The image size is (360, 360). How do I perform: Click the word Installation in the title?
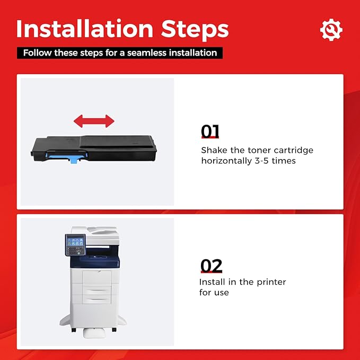pyautogui.click(x=84, y=29)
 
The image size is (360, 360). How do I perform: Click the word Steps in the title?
pyautogui.click(x=195, y=30)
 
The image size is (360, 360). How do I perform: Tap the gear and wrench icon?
pyautogui.click(x=331, y=30)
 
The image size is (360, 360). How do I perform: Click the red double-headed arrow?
pyautogui.click(x=94, y=121)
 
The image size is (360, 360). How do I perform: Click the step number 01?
pyautogui.click(x=210, y=131)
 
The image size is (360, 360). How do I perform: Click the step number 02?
pyautogui.click(x=211, y=266)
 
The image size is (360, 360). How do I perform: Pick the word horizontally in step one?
pyautogui.click(x=226, y=161)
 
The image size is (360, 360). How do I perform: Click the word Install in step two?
pyautogui.click(x=212, y=282)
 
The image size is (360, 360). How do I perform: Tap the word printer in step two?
pyautogui.click(x=271, y=283)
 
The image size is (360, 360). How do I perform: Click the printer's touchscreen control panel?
pyautogui.click(x=75, y=245)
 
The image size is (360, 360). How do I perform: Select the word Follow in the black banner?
pyautogui.click(x=37, y=53)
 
